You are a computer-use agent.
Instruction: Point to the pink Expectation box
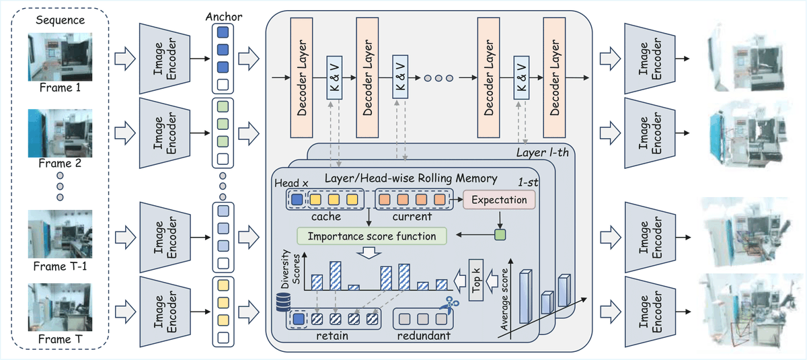click(500, 200)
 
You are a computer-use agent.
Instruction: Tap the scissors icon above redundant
click(444, 307)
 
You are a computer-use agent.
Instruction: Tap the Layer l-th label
click(545, 153)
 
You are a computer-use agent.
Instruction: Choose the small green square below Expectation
click(499, 235)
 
